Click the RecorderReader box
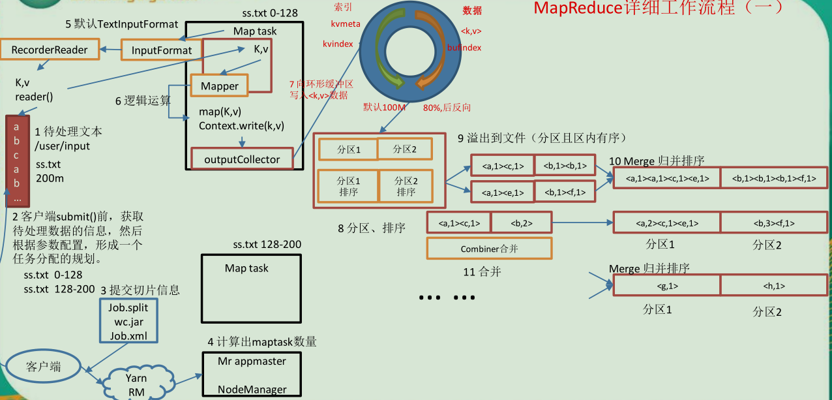(x=50, y=50)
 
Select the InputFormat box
(x=162, y=50)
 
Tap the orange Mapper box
(x=220, y=86)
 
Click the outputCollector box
(x=242, y=159)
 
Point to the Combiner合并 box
(x=488, y=249)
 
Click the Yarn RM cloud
(x=136, y=384)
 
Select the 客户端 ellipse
(x=44, y=367)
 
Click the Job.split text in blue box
(x=128, y=307)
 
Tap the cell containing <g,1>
(x=666, y=286)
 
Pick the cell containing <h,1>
(x=773, y=286)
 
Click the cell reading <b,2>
(x=521, y=223)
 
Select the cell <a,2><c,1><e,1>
(x=666, y=223)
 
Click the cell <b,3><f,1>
(x=773, y=223)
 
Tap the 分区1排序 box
(x=348, y=186)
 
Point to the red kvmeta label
(x=346, y=23)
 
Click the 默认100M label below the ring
(x=385, y=107)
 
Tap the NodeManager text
(x=252, y=390)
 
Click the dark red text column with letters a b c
(x=17, y=161)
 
